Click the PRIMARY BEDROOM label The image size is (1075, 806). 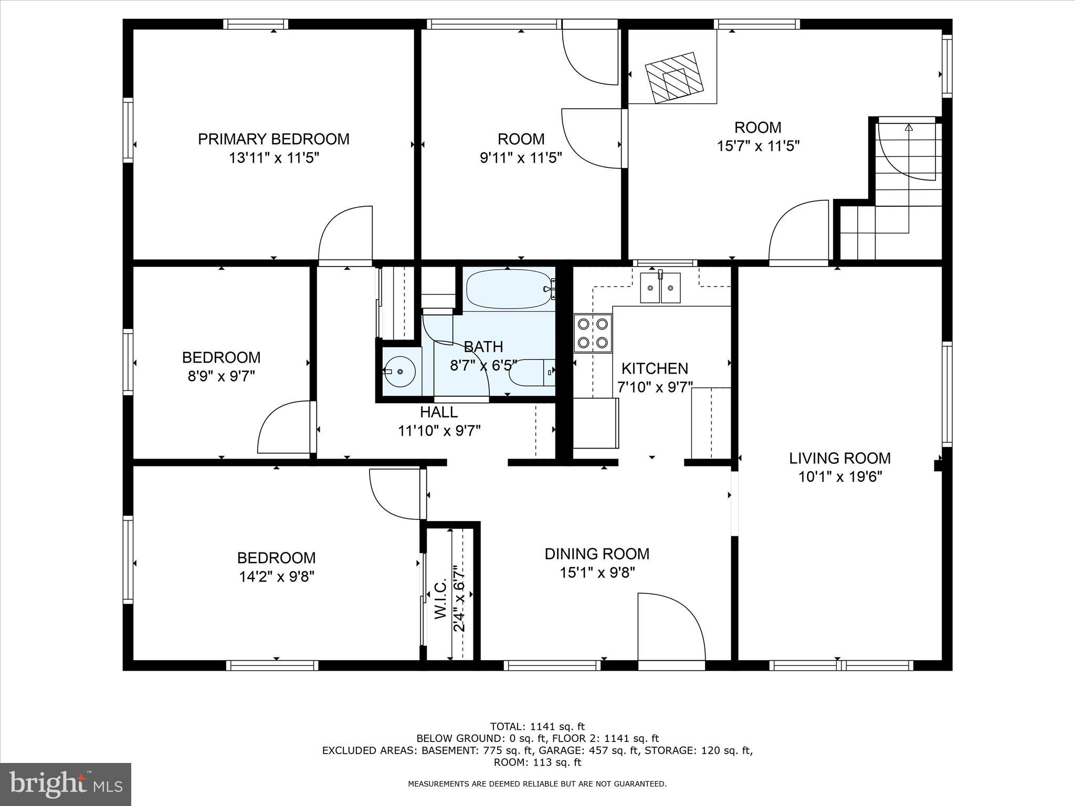tap(273, 139)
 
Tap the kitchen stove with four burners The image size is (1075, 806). tap(593, 333)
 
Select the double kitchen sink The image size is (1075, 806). tap(660, 288)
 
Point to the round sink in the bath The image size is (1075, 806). tap(399, 372)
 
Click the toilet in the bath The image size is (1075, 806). tap(531, 372)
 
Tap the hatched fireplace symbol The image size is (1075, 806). tap(674, 77)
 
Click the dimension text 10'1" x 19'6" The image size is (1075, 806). tap(839, 477)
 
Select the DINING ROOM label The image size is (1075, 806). tap(597, 554)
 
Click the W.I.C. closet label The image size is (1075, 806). tap(441, 599)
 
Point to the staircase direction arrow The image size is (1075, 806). tap(909, 127)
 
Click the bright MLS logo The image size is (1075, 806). tap(66, 784)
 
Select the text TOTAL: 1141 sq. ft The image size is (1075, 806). tap(537, 727)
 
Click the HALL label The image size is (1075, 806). tap(439, 412)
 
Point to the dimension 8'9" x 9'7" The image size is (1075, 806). tap(221, 376)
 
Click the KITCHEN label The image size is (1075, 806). tap(655, 368)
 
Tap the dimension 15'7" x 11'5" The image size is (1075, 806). tap(757, 146)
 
